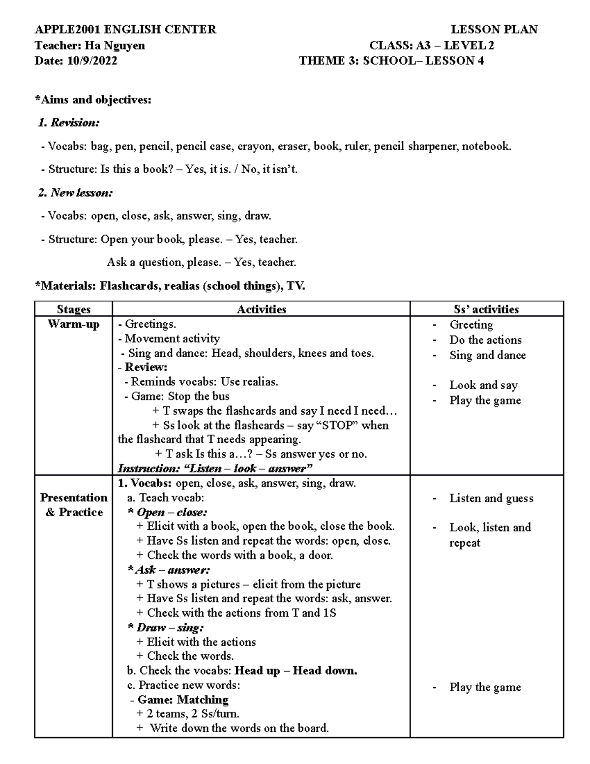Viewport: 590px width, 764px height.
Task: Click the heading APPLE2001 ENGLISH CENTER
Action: [x=125, y=30]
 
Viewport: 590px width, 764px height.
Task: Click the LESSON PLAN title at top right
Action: [x=494, y=30]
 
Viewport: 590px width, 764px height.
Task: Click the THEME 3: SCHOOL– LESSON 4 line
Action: [x=391, y=61]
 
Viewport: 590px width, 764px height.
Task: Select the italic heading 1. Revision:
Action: [x=69, y=123]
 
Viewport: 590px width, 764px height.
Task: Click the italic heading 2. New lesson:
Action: [x=75, y=193]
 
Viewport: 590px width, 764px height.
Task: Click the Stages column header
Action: [x=74, y=309]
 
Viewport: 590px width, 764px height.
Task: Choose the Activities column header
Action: [x=261, y=309]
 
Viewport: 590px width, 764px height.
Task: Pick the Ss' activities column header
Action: [x=486, y=309]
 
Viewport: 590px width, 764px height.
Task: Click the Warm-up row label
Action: [x=74, y=324]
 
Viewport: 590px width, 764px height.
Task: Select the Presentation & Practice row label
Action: [x=74, y=505]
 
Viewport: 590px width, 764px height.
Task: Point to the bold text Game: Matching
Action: [x=183, y=700]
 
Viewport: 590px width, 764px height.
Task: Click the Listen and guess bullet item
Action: [x=491, y=498]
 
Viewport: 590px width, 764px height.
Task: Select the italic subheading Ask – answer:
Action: [x=169, y=570]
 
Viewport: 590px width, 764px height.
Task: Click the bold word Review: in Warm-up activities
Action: [x=146, y=367]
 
